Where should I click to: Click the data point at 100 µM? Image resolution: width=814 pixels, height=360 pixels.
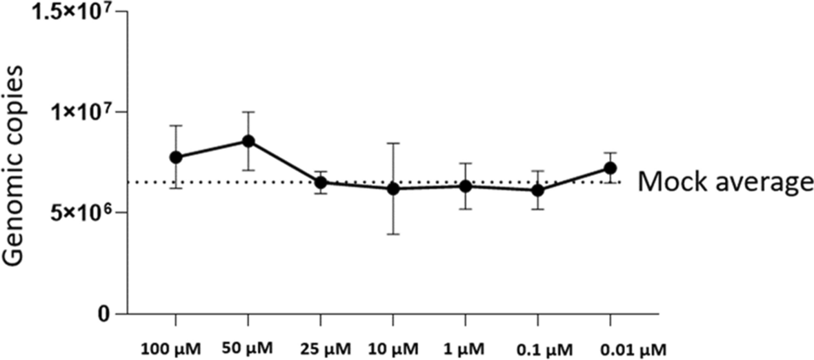point(176,157)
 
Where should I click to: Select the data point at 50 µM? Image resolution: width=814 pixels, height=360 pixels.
point(248,141)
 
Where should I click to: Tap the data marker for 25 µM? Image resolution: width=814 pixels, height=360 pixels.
point(321,183)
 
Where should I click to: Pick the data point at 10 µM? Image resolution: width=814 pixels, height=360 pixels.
point(393,188)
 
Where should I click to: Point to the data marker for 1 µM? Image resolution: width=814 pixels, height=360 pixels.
point(466,186)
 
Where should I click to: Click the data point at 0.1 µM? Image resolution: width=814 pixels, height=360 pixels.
point(537,190)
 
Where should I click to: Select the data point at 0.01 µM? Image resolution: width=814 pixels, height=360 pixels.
point(610,168)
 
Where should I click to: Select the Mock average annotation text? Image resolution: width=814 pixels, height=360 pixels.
point(724,183)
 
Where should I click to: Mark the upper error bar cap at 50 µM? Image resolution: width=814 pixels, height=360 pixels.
point(248,112)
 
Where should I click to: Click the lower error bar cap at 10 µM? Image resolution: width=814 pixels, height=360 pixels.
point(393,234)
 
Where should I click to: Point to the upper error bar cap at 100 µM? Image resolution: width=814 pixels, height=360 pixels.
point(176,126)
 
